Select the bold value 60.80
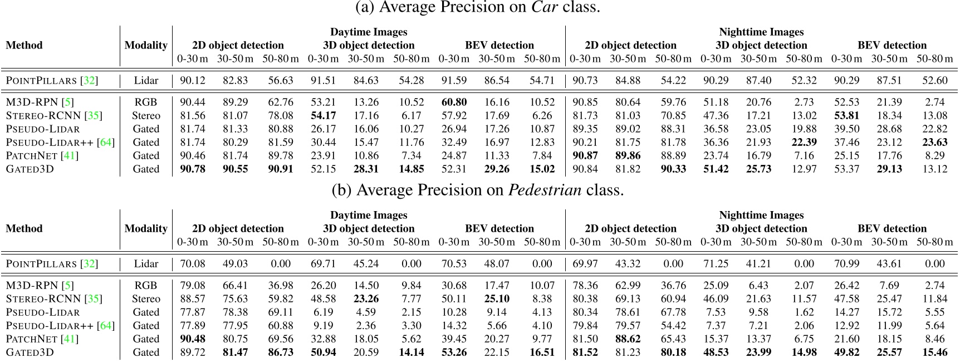tap(454, 102)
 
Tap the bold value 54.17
tap(323, 116)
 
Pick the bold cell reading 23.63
tap(934, 143)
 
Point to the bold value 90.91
tap(281, 169)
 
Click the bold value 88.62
tap(628, 339)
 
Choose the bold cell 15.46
tap(934, 353)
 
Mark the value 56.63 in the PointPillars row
tap(281, 81)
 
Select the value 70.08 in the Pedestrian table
tap(193, 264)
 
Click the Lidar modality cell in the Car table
tap(146, 81)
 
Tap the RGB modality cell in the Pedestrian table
tap(146, 286)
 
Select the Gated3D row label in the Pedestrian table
tap(30, 353)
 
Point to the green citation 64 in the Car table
tap(105, 143)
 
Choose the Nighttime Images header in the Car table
tap(761, 32)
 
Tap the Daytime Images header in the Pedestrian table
tap(369, 216)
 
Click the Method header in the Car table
tap(24, 46)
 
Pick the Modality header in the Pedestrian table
tap(146, 229)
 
